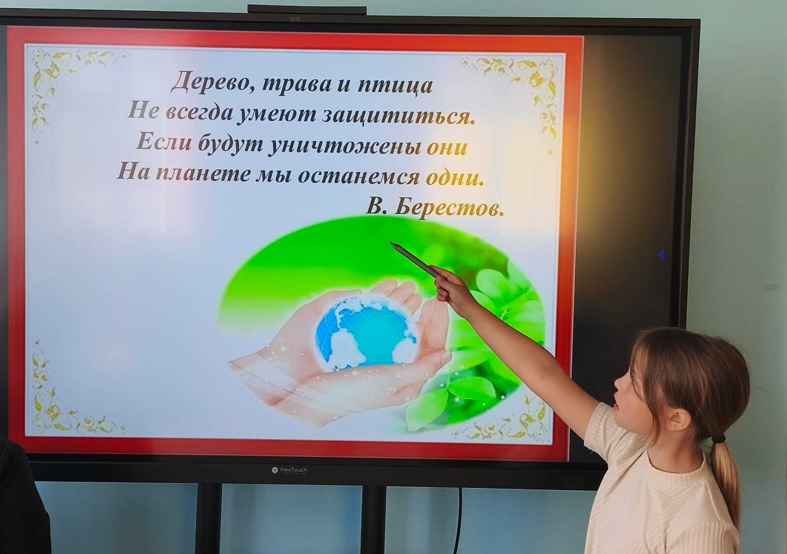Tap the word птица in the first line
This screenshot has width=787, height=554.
(x=395, y=86)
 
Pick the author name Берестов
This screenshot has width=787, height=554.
(x=450, y=208)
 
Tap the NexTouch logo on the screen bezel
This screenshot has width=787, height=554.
(x=289, y=470)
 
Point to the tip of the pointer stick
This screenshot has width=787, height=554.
(x=391, y=242)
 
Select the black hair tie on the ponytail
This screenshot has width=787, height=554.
(x=719, y=439)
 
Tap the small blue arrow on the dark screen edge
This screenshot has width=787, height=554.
(x=661, y=254)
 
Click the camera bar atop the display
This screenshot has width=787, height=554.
(x=307, y=9)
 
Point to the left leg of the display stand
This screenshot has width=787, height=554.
(x=209, y=518)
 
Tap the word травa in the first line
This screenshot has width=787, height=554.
(x=297, y=84)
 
